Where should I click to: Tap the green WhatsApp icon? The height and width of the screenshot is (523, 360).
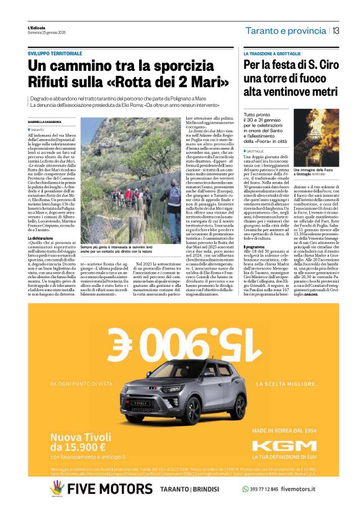pyautogui.click(x=245, y=489)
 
